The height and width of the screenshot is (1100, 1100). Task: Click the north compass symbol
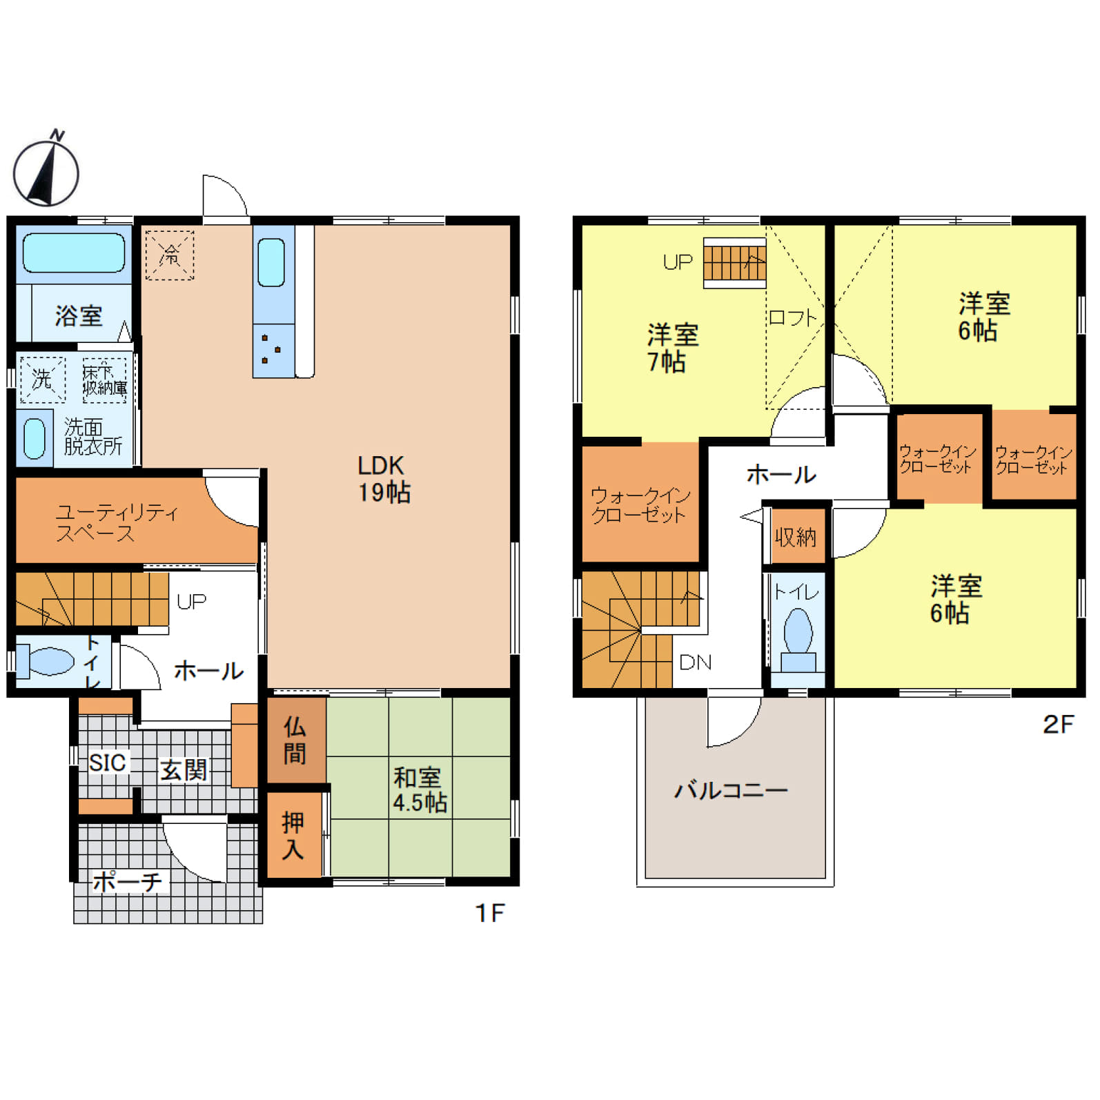tap(46, 169)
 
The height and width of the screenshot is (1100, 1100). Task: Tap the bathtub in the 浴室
tap(74, 253)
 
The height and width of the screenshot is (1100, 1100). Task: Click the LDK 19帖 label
tap(384, 479)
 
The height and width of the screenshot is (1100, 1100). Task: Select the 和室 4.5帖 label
tap(420, 789)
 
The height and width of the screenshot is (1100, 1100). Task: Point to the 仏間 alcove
tap(296, 740)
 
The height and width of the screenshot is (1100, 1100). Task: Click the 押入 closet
tap(294, 834)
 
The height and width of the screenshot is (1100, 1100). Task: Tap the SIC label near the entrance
tap(108, 763)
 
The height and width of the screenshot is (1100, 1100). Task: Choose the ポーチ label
tap(127, 881)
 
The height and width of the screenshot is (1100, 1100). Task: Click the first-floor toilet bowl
tap(45, 660)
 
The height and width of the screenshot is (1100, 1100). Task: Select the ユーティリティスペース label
tap(116, 522)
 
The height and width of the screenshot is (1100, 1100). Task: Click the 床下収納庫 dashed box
tap(105, 380)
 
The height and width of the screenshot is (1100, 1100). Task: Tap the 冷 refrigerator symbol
tap(170, 255)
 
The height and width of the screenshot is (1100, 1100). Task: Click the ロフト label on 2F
tap(792, 318)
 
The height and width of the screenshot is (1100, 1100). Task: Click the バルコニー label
tap(731, 789)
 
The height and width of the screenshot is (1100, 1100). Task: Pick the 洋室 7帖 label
tap(671, 348)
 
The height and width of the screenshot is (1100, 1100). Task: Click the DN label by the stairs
tap(695, 662)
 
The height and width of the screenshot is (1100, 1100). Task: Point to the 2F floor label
tap(1058, 724)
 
